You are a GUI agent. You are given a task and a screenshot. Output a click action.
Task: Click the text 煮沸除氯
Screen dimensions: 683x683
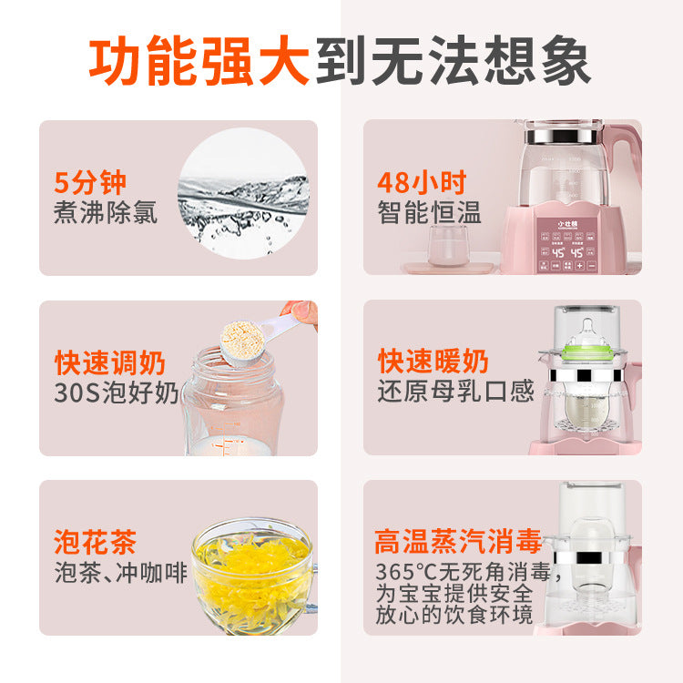pyautogui.click(x=106, y=213)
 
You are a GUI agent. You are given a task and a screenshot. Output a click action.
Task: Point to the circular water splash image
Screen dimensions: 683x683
pyautogui.click(x=243, y=194)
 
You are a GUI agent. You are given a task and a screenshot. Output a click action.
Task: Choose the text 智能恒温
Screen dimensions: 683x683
pyautogui.click(x=430, y=213)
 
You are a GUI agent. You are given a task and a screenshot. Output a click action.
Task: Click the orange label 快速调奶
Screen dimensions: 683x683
pyautogui.click(x=110, y=362)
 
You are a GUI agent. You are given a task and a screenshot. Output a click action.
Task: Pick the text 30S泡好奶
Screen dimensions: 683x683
pyautogui.click(x=117, y=392)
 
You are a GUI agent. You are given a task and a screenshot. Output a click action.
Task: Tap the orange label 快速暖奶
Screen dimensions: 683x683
pyautogui.click(x=433, y=362)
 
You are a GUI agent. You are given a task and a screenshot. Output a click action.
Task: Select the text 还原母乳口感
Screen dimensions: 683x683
pyautogui.click(x=455, y=392)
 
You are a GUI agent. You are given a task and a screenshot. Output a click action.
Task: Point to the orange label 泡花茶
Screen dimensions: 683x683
pyautogui.click(x=96, y=543)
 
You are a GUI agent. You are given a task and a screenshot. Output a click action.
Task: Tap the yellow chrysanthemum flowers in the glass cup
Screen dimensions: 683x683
pyautogui.click(x=251, y=566)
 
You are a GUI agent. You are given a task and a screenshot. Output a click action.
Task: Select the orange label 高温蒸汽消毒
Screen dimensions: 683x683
pyautogui.click(x=458, y=542)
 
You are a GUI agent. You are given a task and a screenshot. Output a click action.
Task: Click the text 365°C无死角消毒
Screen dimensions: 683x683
pyautogui.click(x=455, y=573)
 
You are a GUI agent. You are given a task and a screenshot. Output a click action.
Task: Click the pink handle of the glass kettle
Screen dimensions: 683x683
pyautogui.click(x=627, y=155)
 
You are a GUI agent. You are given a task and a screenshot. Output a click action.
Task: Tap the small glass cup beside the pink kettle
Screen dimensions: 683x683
pyautogui.click(x=448, y=245)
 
